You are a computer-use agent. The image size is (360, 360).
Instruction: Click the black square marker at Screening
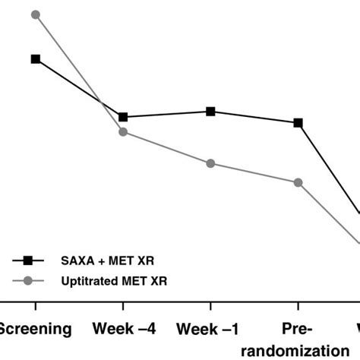click(36, 58)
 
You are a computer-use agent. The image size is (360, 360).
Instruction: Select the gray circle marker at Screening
click(36, 14)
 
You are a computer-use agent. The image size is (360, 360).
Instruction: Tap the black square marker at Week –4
click(123, 116)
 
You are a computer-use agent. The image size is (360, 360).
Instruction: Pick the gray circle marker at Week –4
click(123, 132)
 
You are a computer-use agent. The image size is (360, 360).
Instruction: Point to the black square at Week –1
click(211, 111)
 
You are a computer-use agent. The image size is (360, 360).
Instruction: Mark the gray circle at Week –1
click(211, 163)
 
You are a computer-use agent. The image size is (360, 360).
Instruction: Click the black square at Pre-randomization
click(298, 122)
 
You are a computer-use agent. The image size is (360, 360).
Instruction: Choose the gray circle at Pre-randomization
click(298, 182)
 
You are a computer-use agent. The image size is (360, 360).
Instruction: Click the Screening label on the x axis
click(36, 329)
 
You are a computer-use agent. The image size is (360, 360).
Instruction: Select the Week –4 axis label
click(123, 329)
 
